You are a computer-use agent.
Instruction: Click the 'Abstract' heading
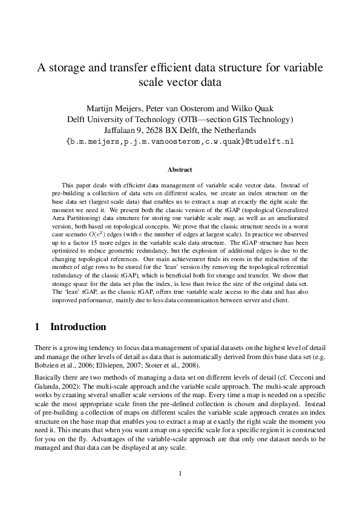pos(180,170)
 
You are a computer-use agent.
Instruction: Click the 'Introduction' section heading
pos(77,327)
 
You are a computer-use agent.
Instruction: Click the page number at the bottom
pos(180,473)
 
